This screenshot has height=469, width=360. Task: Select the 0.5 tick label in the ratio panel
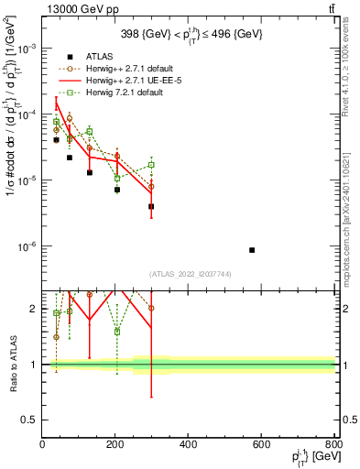pos(29,420)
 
